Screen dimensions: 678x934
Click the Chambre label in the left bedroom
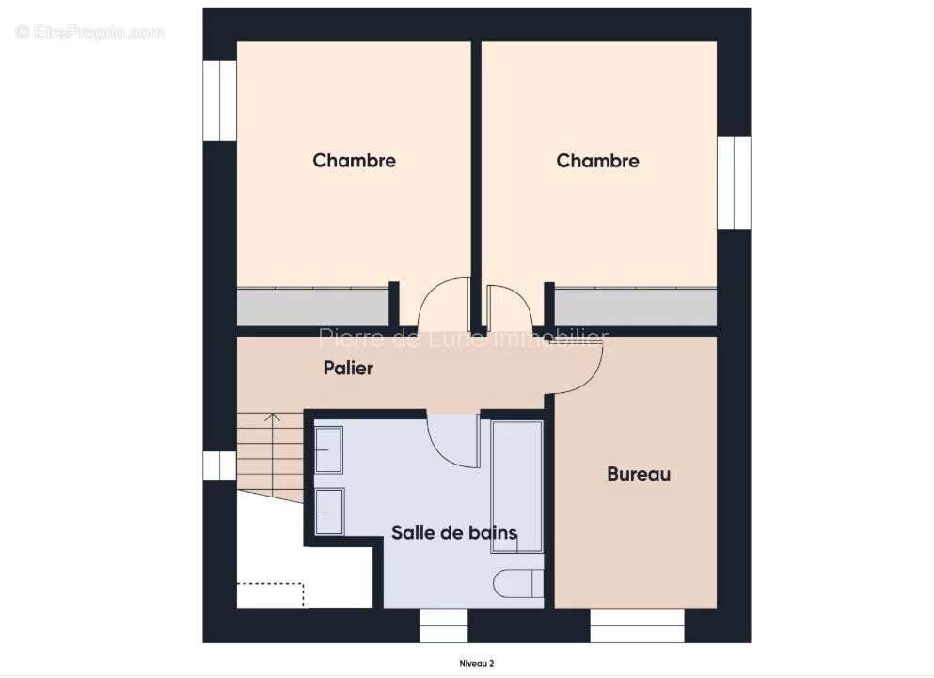[354, 161]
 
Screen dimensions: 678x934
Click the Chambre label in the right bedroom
[597, 161]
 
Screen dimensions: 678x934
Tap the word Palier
[348, 368]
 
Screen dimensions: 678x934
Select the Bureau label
[639, 474]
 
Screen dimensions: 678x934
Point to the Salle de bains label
[454, 533]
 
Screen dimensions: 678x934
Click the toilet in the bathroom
[518, 583]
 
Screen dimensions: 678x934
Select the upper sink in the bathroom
[328, 449]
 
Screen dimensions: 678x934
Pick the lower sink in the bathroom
[328, 512]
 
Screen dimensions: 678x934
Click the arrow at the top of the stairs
[273, 417]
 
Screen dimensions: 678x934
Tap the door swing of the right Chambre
[509, 305]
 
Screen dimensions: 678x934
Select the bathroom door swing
[453, 437]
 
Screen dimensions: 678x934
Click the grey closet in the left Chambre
[312, 307]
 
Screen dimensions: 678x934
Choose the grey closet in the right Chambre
[635, 307]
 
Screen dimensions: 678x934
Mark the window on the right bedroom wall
[734, 183]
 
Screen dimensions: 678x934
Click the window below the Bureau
[637, 625]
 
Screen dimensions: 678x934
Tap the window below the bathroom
[443, 625]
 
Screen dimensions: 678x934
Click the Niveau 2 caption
[477, 664]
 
